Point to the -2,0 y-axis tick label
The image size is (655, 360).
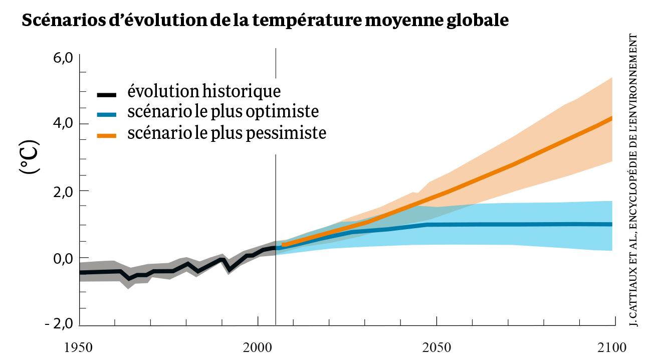point(59,324)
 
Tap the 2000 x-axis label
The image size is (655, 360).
point(258,347)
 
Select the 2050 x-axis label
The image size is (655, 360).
point(436,347)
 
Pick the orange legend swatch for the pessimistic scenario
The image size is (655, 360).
point(107,135)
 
